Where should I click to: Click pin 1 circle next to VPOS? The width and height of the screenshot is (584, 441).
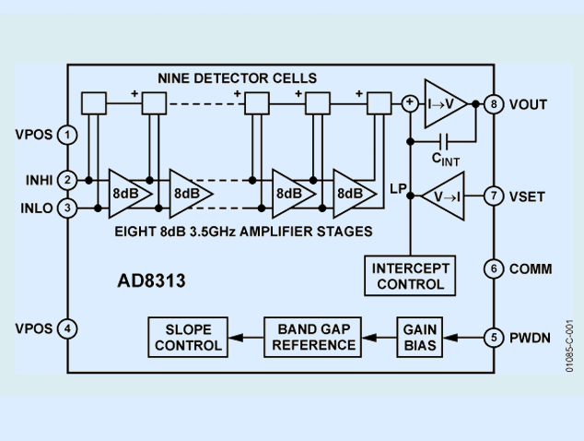pyautogui.click(x=67, y=135)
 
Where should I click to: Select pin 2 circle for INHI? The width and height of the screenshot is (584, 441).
pyautogui.click(x=67, y=179)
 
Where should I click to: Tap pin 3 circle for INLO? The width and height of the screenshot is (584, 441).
pyautogui.click(x=67, y=209)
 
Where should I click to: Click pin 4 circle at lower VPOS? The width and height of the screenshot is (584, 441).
pyautogui.click(x=67, y=328)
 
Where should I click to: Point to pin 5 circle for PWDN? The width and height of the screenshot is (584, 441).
pyautogui.click(x=494, y=337)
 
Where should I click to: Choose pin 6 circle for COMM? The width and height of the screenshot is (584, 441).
pyautogui.click(x=494, y=268)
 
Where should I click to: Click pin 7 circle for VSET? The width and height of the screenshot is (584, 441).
pyautogui.click(x=494, y=196)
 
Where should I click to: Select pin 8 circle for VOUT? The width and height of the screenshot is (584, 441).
pyautogui.click(x=494, y=104)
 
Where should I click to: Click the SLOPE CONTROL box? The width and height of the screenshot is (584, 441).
pyautogui.click(x=188, y=337)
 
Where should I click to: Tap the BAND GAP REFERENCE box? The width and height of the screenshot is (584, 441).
pyautogui.click(x=312, y=337)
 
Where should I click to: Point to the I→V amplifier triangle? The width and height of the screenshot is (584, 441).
pyautogui.click(x=446, y=104)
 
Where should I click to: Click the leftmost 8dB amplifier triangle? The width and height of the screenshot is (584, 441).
pyautogui.click(x=127, y=194)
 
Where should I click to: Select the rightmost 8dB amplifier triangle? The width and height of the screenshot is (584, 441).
pyautogui.click(x=352, y=194)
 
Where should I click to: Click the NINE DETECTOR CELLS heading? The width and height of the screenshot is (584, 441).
pyautogui.click(x=237, y=77)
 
